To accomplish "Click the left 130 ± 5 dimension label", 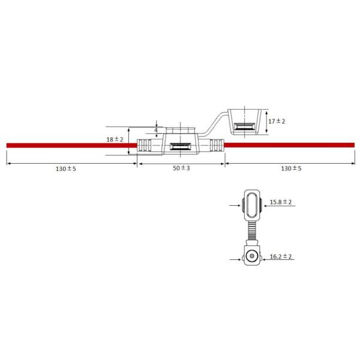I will [65, 169].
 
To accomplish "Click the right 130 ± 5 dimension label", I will [291, 169].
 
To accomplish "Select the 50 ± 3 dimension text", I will [181, 169].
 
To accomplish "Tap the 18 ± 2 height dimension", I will [114, 139].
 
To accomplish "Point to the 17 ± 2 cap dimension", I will [277, 121].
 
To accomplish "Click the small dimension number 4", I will [156, 130].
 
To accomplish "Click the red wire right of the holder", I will [288, 145].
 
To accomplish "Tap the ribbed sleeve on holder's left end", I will [145, 145].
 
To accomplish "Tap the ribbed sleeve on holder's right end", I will [216, 145].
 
